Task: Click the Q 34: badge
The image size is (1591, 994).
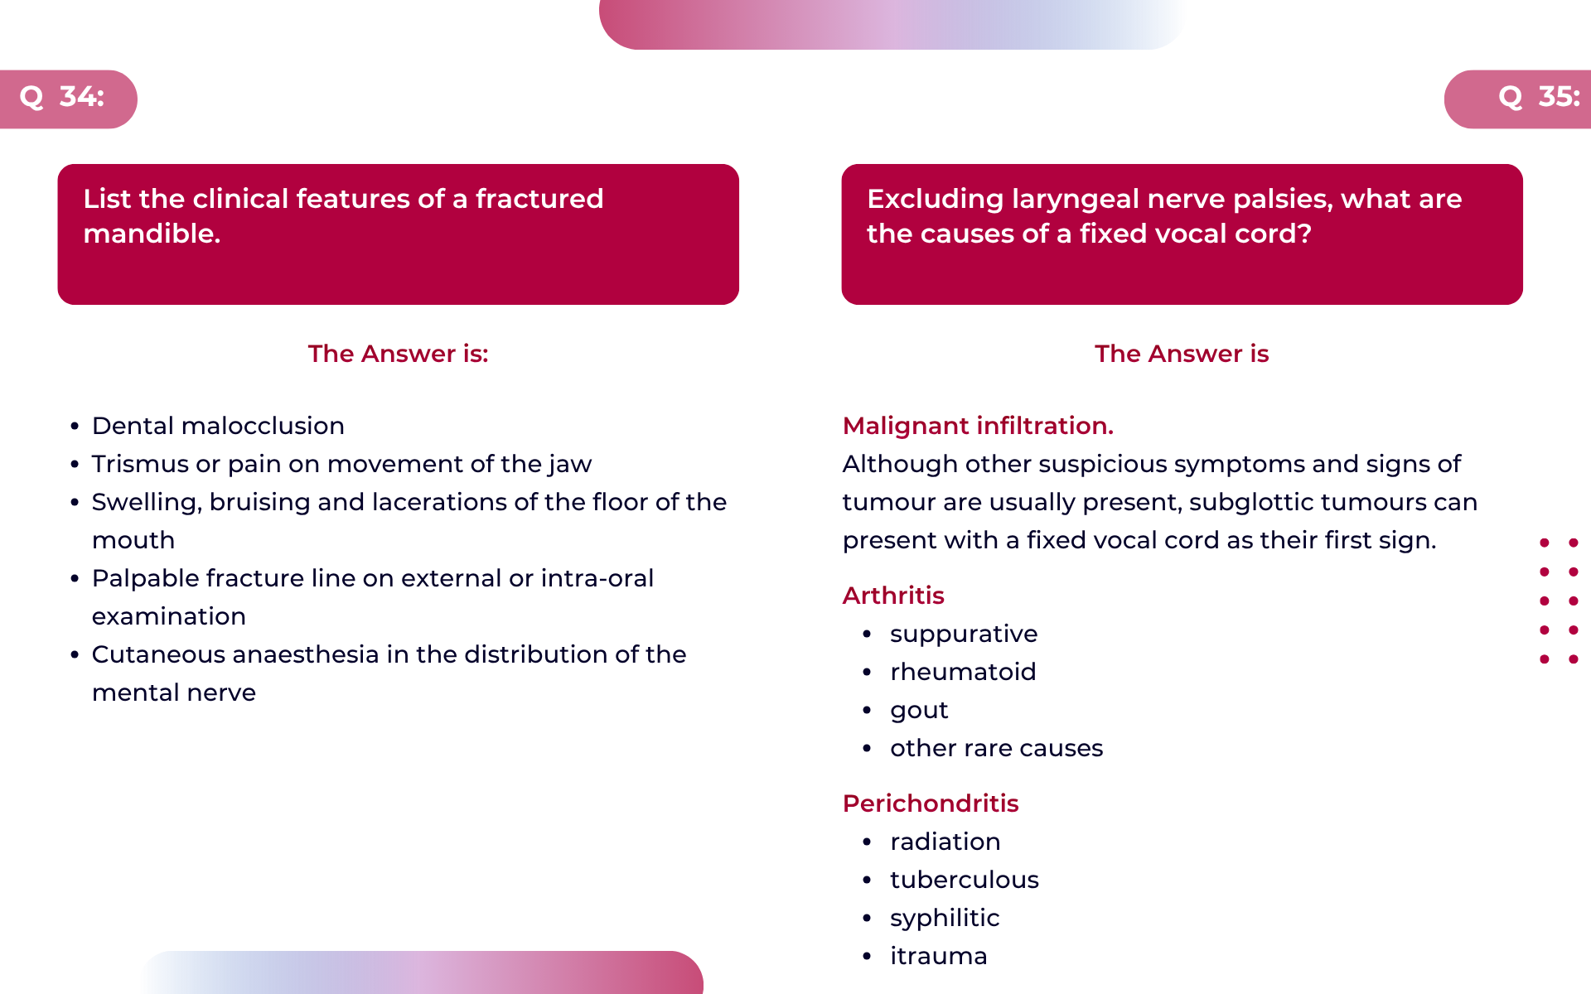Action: pyautogui.click(x=68, y=99)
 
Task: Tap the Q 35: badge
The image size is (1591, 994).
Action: pyautogui.click(x=1518, y=99)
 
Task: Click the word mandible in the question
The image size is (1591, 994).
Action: pyautogui.click(x=152, y=234)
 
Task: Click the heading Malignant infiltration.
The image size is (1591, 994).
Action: pyautogui.click(x=978, y=426)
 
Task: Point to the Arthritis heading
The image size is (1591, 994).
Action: pyautogui.click(x=893, y=596)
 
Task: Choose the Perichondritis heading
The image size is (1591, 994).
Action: pyautogui.click(x=931, y=803)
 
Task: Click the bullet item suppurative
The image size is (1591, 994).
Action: pyautogui.click(x=964, y=635)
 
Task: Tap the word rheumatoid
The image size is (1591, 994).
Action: pyautogui.click(x=963, y=672)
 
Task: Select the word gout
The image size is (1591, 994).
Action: pyautogui.click(x=919, y=711)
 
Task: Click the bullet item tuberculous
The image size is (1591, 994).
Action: pyautogui.click(x=965, y=880)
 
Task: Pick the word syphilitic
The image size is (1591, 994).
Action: pyautogui.click(x=945, y=919)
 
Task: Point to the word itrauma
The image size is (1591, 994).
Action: pyautogui.click(x=938, y=956)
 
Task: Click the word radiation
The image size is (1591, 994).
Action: pyautogui.click(x=945, y=842)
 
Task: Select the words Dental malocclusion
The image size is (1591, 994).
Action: pyautogui.click(x=218, y=426)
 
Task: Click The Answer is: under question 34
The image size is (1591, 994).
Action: pyautogui.click(x=399, y=354)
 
